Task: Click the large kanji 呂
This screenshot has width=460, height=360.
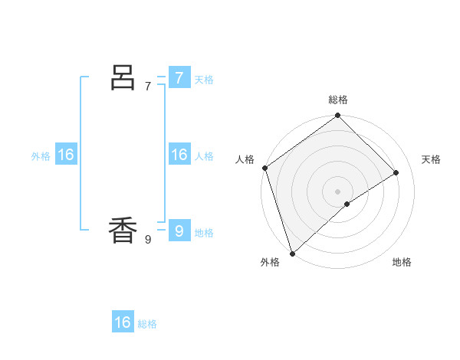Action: tap(123, 77)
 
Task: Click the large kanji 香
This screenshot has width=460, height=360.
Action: tap(123, 231)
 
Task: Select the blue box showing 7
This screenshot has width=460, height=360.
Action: tap(179, 77)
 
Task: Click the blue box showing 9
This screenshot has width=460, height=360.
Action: tap(179, 231)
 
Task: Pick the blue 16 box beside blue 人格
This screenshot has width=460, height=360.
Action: tap(179, 155)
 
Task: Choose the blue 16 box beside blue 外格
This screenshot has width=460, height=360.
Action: tap(66, 155)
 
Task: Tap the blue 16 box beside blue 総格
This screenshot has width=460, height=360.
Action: tap(123, 322)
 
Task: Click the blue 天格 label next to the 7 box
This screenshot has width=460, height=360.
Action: tap(204, 79)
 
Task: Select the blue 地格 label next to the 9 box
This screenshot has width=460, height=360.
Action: tap(204, 232)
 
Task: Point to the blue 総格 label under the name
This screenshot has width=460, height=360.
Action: tap(147, 324)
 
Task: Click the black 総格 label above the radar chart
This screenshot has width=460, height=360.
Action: tap(338, 100)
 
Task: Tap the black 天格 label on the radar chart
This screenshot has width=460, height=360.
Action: tap(432, 159)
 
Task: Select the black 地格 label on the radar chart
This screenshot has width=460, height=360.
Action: tap(402, 262)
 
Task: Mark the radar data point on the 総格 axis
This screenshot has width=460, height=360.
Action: tap(338, 116)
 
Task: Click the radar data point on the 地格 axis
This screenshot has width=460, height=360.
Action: tap(347, 204)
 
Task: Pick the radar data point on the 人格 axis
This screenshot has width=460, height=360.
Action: tap(264, 168)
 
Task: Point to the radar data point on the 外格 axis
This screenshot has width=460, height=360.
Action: tap(292, 253)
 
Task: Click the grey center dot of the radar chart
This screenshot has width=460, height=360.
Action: tap(338, 191)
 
